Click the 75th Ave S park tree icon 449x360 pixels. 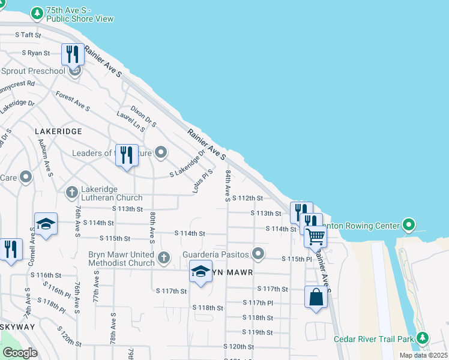click(37, 13)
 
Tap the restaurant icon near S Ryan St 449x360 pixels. click(72, 54)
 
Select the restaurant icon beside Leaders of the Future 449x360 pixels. click(126, 155)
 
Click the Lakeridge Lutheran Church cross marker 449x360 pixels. click(71, 192)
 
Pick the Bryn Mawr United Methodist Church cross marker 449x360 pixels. click(164, 259)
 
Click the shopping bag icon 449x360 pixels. click(316, 297)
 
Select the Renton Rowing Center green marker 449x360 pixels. click(409, 226)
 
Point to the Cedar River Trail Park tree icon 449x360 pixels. click(423, 339)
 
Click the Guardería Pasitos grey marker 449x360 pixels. click(258, 254)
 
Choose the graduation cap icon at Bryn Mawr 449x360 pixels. click(200, 271)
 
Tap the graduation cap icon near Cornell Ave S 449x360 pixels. click(46, 224)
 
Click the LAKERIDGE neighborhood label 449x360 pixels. click(58, 130)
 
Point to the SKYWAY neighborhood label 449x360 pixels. click(17, 326)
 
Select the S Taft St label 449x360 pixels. click(31, 35)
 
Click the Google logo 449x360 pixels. click(20, 353)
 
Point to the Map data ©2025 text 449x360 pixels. click(423, 355)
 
